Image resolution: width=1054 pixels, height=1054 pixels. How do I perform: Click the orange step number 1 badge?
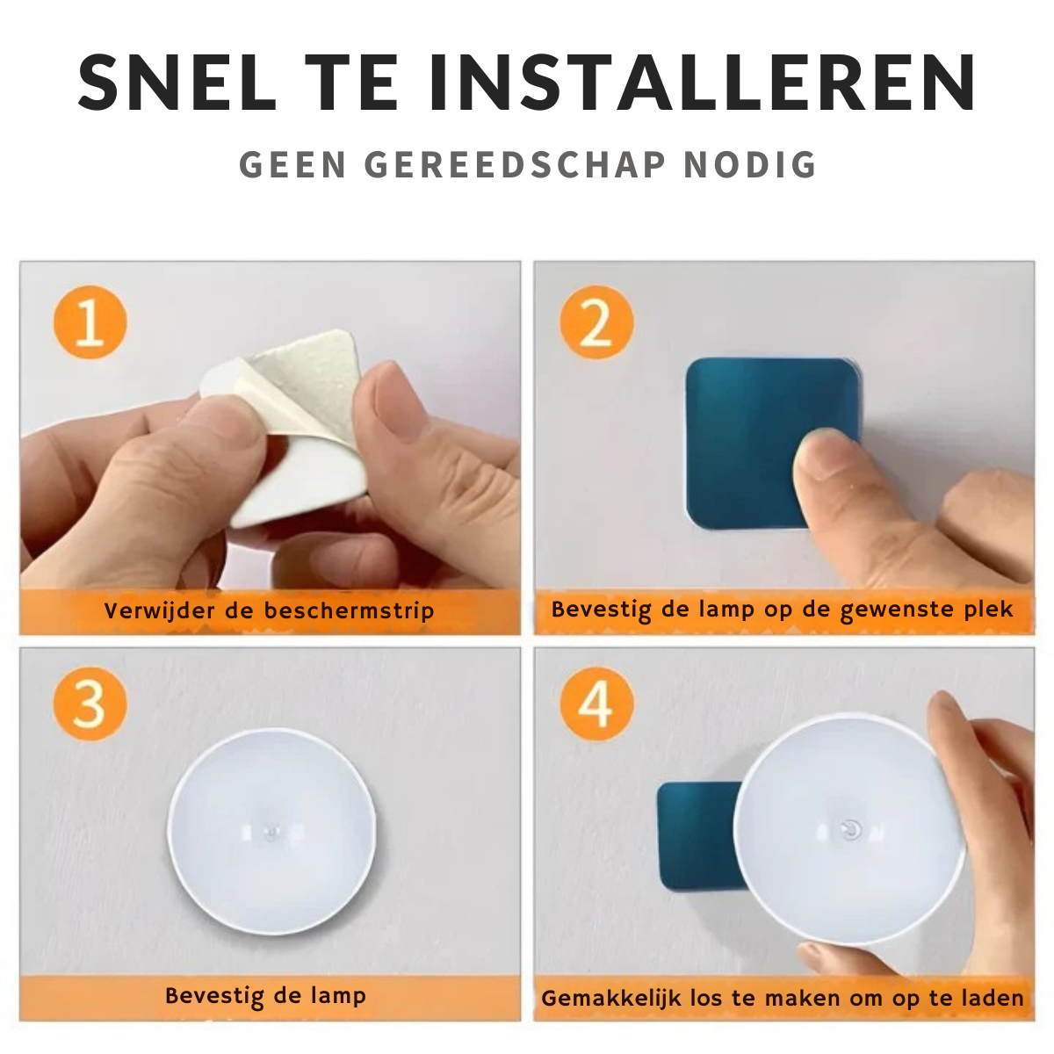[x=90, y=322]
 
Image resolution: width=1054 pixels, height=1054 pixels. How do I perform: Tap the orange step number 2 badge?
[x=596, y=322]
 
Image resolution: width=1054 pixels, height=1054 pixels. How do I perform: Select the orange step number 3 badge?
[x=90, y=704]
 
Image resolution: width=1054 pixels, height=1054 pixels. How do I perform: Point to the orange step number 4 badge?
[x=596, y=704]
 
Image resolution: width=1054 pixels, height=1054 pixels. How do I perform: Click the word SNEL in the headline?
[x=177, y=83]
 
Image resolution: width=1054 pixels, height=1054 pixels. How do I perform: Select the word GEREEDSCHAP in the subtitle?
[x=516, y=164]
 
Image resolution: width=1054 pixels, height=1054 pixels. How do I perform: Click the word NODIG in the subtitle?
[x=750, y=164]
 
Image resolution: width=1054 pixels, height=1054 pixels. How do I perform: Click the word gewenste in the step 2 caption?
[x=898, y=610]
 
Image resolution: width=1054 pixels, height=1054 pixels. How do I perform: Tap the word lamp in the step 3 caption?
[x=338, y=996]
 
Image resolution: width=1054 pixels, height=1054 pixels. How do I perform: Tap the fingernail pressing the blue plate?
[x=819, y=455]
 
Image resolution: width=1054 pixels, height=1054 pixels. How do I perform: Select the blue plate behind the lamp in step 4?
[x=698, y=836]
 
